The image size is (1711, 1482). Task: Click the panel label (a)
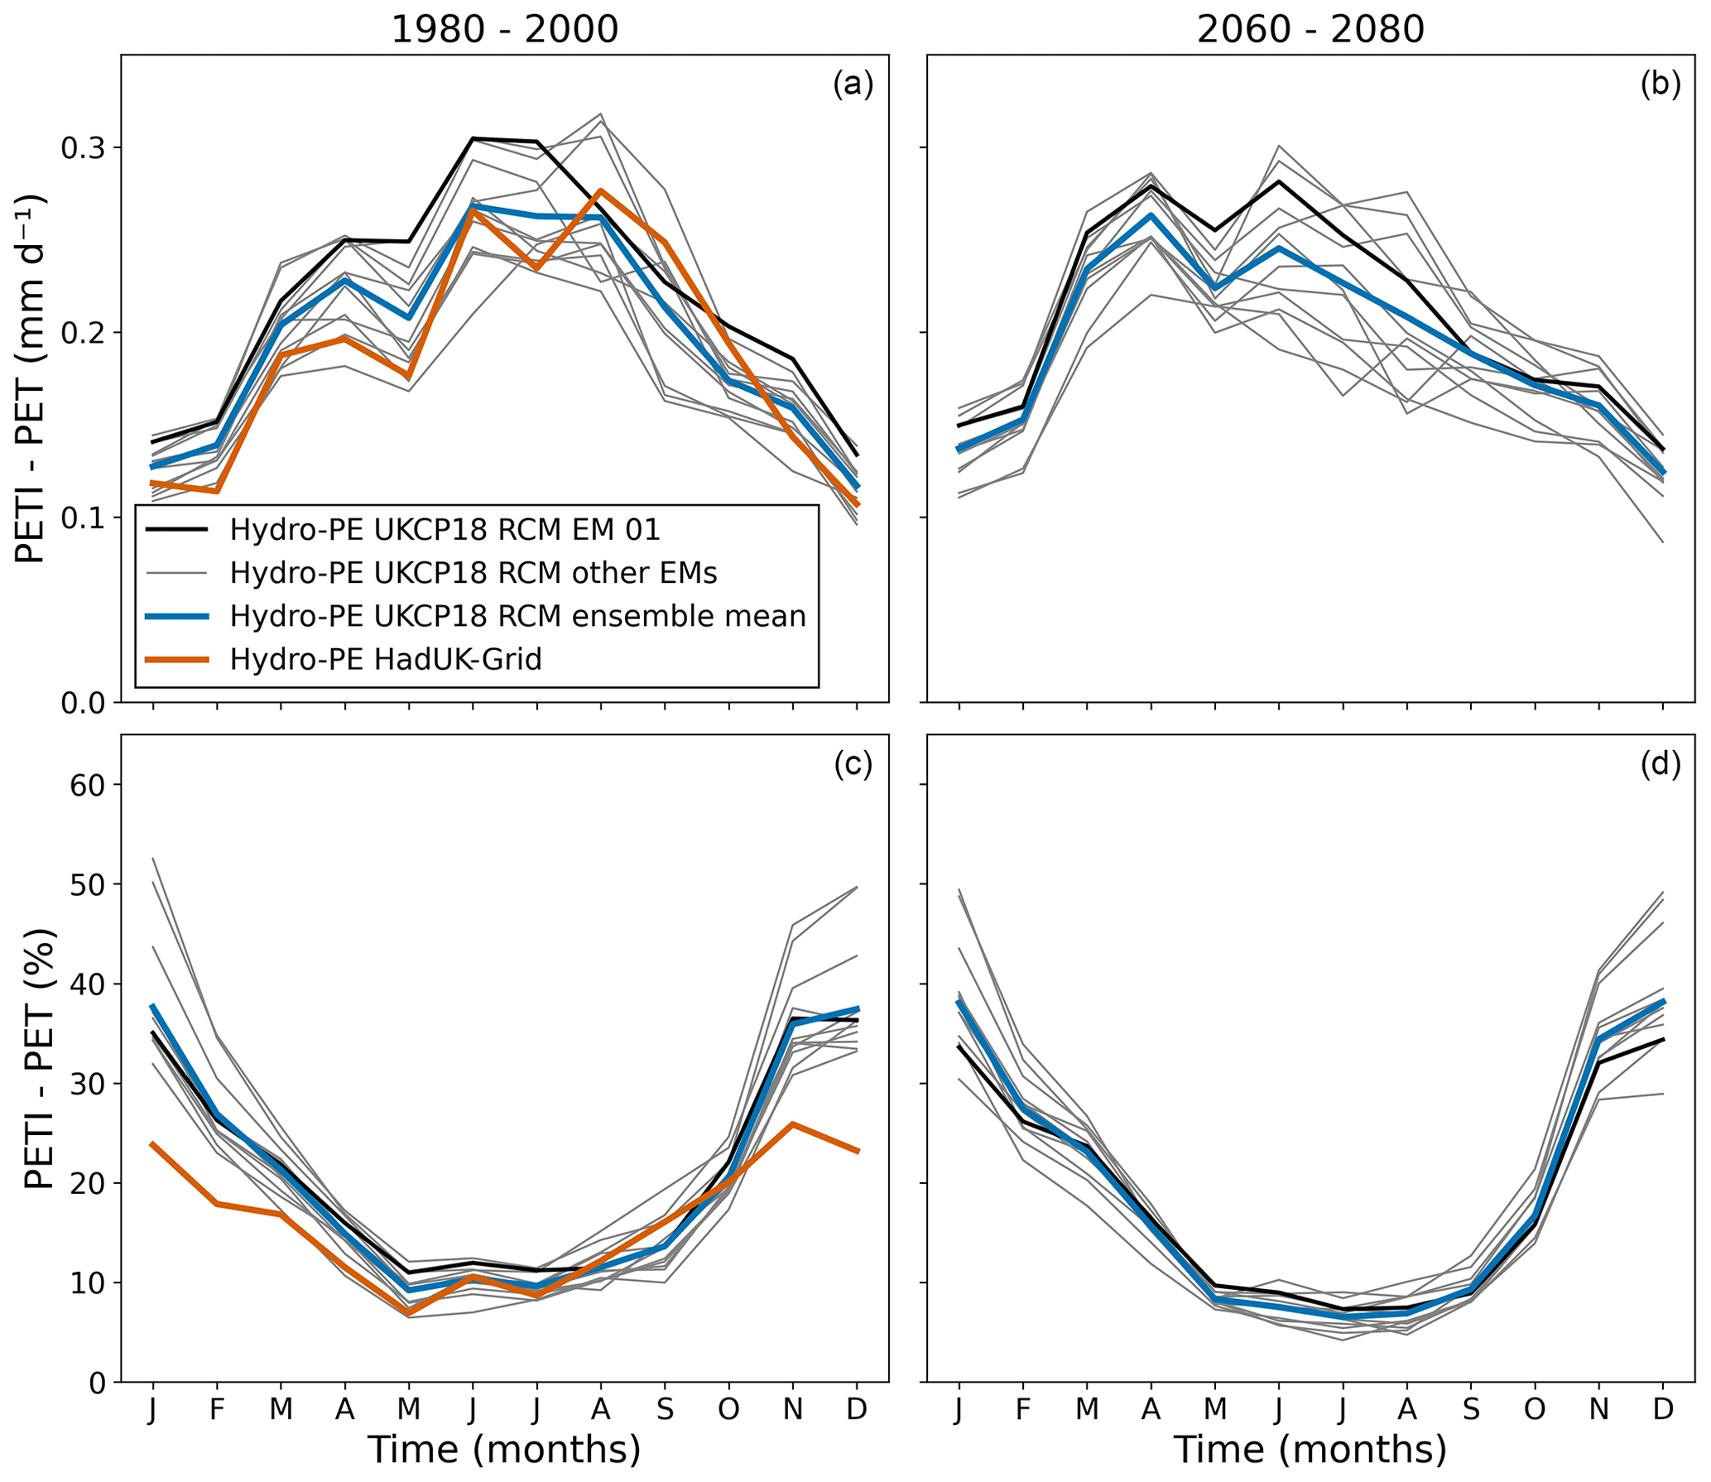pos(853,85)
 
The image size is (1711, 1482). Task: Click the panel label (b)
pos(1660,85)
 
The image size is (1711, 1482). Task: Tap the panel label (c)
pos(853,764)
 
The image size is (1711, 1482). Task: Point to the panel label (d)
pos(1660,764)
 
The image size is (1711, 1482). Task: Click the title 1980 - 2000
pos(504,30)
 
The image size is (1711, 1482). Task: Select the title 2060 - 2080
pos(1310,30)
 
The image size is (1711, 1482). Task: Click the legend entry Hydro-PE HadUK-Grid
pos(386,659)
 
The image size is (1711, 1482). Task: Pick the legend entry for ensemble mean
pos(517,616)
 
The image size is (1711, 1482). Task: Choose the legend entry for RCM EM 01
pos(445,530)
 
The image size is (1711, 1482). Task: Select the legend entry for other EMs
pos(473,573)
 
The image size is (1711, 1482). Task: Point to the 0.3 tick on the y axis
pos(84,148)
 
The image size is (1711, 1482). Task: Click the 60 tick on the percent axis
pos(88,785)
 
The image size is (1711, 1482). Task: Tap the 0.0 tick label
pos(84,703)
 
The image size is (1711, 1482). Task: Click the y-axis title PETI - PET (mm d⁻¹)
pos(31,378)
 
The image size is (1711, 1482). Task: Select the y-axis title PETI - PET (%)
pos(38,1059)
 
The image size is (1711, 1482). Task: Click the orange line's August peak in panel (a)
pos(601,191)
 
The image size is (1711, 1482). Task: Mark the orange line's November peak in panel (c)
pos(793,1124)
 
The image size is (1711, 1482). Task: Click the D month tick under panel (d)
pos(1662,1408)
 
